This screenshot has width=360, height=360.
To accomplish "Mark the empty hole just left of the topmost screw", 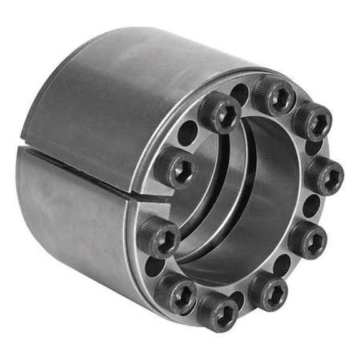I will (240, 94).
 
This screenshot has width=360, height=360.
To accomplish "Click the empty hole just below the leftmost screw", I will (154, 266).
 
